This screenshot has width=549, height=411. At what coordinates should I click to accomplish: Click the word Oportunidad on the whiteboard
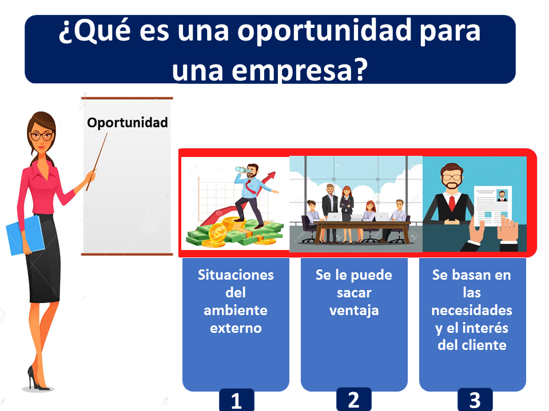(x=128, y=123)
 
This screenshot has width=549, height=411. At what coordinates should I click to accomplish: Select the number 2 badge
(x=354, y=400)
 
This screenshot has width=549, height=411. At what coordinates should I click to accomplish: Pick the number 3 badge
(x=475, y=400)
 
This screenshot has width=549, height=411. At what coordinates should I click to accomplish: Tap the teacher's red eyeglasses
(x=42, y=136)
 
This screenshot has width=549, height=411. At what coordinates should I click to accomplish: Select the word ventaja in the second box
(x=354, y=311)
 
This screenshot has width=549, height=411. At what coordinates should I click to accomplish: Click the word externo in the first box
(x=236, y=328)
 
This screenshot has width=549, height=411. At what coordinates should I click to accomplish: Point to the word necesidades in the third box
(x=472, y=311)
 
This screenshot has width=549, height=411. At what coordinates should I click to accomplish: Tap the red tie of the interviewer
(x=452, y=203)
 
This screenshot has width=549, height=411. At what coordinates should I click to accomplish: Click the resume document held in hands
(x=492, y=206)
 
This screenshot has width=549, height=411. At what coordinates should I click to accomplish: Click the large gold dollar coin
(x=218, y=232)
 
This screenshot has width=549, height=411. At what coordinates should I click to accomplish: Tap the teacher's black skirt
(x=43, y=258)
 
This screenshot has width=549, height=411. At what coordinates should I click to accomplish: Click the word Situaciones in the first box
(x=236, y=275)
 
